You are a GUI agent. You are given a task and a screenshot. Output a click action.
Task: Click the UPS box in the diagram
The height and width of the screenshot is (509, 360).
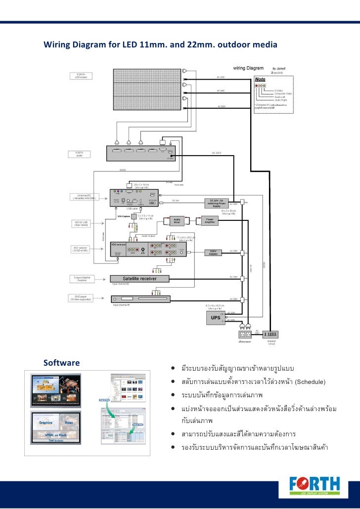(x=216, y=318)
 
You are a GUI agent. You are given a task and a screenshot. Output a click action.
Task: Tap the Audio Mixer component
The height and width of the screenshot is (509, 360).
(x=177, y=221)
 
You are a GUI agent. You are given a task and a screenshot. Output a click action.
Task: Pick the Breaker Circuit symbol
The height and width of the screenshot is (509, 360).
(x=271, y=335)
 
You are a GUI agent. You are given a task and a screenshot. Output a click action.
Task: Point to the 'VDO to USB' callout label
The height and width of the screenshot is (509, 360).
(x=80, y=223)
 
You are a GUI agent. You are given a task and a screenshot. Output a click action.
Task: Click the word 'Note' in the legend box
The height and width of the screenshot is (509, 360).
(x=261, y=79)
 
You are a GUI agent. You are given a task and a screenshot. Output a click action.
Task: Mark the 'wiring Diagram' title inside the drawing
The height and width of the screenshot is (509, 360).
(x=248, y=68)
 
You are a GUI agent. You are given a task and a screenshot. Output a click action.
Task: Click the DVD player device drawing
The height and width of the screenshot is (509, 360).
(x=140, y=298)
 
